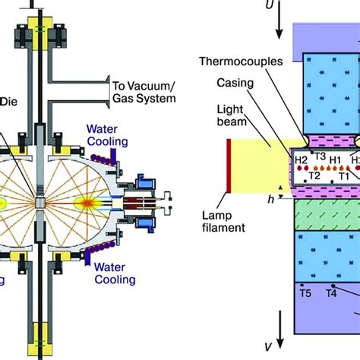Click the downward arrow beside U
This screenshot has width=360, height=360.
[280, 27]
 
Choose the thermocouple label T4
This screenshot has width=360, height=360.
[331, 292]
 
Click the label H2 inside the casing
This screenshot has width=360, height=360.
[302, 160]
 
